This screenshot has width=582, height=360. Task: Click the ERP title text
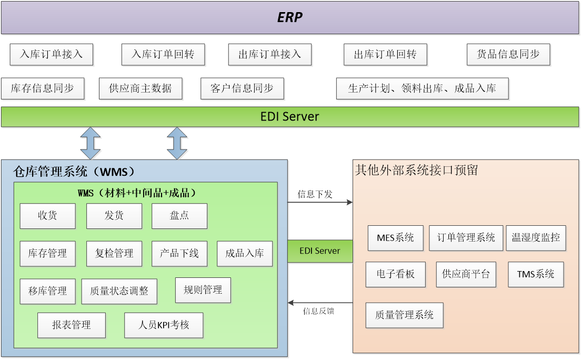(x=290, y=17)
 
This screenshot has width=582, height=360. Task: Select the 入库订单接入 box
(x=51, y=54)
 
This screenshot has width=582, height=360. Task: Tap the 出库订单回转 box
(x=385, y=54)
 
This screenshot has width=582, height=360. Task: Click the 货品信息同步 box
(x=508, y=54)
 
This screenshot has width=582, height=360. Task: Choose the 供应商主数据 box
(x=141, y=88)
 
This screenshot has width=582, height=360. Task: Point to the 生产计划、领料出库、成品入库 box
(x=423, y=88)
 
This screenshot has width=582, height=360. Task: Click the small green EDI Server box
(x=320, y=251)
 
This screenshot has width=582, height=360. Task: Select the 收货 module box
(x=47, y=216)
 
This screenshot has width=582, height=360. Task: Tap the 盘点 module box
(x=179, y=216)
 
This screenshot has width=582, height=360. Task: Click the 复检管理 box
(x=114, y=253)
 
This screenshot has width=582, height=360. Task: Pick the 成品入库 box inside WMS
(x=245, y=253)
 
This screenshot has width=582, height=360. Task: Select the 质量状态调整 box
(x=119, y=291)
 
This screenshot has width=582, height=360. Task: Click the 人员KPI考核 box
(x=164, y=325)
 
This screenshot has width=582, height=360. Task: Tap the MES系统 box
(x=395, y=238)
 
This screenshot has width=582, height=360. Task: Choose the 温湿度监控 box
(x=536, y=238)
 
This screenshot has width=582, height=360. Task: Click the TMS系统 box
(x=536, y=274)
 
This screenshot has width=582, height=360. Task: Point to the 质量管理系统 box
(x=404, y=315)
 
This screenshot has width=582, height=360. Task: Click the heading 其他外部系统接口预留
(x=416, y=171)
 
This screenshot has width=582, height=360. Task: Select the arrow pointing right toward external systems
(x=320, y=202)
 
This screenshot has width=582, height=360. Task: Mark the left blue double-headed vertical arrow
(x=91, y=143)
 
